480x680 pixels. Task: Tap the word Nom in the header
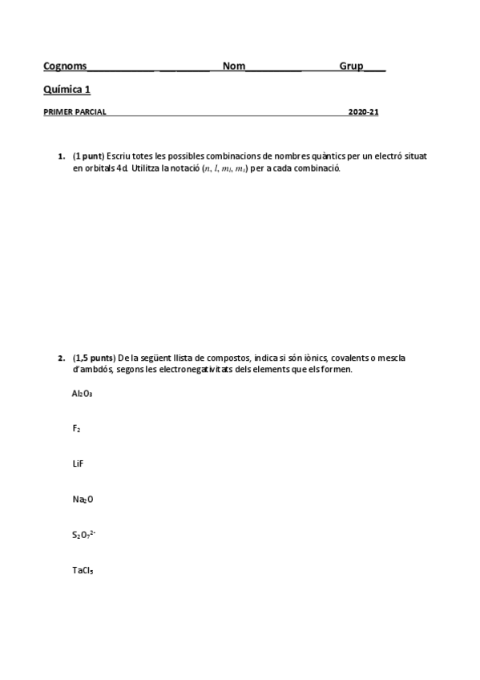click(234, 66)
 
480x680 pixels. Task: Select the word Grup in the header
click(351, 66)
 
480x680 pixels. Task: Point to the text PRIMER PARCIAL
click(75, 112)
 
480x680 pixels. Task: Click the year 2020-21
click(363, 112)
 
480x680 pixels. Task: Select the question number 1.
click(62, 156)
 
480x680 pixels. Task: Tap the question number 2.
click(62, 358)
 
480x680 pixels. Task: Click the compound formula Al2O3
click(83, 393)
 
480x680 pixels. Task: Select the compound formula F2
click(76, 428)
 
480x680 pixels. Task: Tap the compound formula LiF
click(78, 463)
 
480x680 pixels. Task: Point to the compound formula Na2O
click(83, 499)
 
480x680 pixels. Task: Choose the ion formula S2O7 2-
click(84, 533)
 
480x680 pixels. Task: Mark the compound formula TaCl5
click(83, 570)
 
